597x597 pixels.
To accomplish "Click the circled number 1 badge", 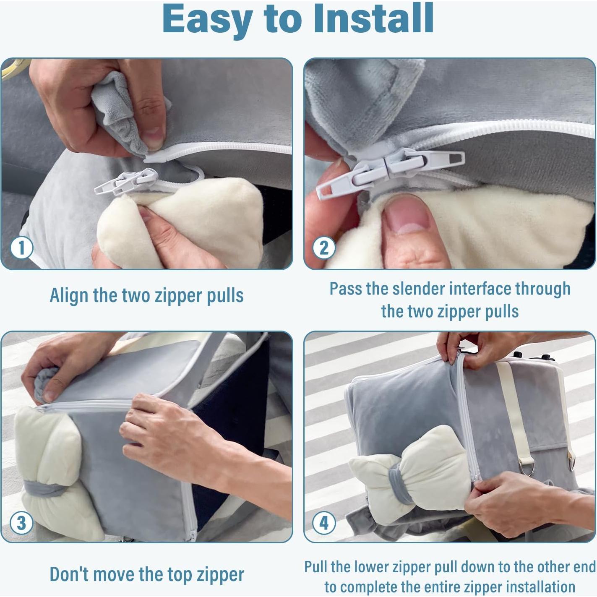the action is point(21,248).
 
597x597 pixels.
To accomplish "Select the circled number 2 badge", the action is point(324,248).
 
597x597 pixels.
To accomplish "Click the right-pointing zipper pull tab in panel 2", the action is point(426,162).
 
